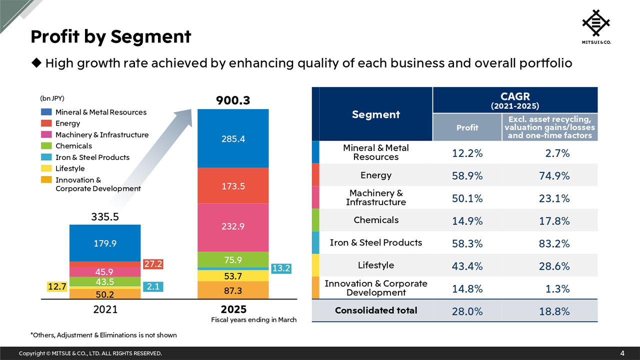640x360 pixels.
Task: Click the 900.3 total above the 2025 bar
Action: coord(233,101)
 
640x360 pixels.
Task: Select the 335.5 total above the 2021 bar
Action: coord(105,217)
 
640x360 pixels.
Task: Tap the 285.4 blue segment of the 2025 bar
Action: coord(233,139)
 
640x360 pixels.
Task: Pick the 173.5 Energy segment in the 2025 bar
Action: coord(233,186)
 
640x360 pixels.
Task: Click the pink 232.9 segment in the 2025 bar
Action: coord(233,226)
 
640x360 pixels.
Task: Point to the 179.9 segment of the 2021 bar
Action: coord(105,243)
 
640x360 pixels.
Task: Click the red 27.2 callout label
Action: coord(153,263)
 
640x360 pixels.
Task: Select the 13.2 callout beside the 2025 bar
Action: coord(281,268)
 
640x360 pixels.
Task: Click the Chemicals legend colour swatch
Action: coord(46,146)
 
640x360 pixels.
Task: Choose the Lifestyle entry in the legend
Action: coord(70,168)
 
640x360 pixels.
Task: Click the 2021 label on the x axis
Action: coord(105,309)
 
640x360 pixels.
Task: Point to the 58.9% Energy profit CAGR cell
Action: coord(467,175)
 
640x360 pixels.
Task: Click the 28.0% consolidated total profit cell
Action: coord(467,311)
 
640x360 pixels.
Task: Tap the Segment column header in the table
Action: coord(375,114)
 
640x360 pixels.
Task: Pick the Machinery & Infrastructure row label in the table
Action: coord(375,197)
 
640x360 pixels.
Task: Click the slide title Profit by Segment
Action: coord(110,36)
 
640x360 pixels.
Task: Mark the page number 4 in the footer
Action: coord(622,353)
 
